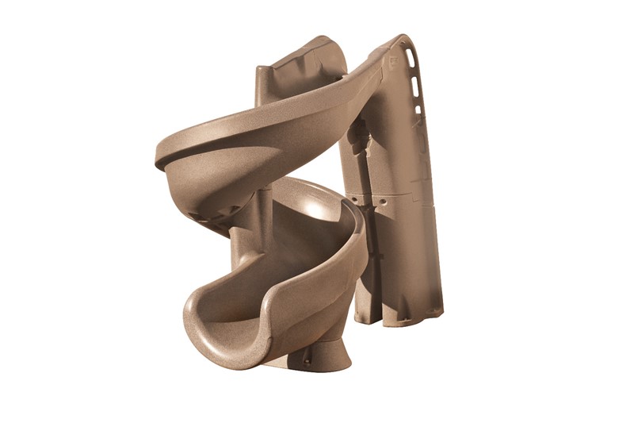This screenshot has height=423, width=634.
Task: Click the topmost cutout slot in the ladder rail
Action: pos(409,58)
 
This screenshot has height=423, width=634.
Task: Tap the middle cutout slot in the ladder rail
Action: pos(415,86)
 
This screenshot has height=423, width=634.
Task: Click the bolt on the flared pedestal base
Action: pos(307,361)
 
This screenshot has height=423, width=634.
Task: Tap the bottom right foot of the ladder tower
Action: pos(432,317)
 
